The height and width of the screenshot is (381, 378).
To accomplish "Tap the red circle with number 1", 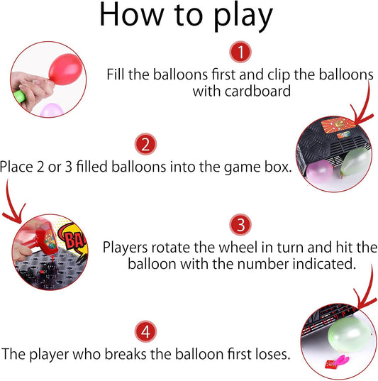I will [240, 51].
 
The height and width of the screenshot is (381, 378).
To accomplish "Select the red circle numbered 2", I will [145, 145].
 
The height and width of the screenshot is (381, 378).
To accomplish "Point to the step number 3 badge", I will [240, 226].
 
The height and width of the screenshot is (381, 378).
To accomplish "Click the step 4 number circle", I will [145, 331].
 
